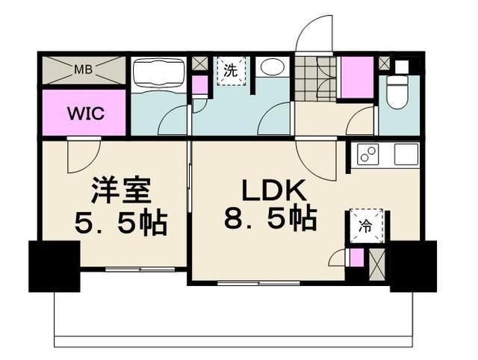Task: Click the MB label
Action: click(x=83, y=71)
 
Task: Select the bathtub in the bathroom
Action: click(x=158, y=75)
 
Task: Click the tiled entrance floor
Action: click(x=314, y=78)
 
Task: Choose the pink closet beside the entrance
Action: click(x=356, y=78)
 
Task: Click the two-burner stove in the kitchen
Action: click(x=368, y=155)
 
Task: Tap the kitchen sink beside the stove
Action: click(x=406, y=155)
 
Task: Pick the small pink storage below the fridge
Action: click(x=357, y=259)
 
